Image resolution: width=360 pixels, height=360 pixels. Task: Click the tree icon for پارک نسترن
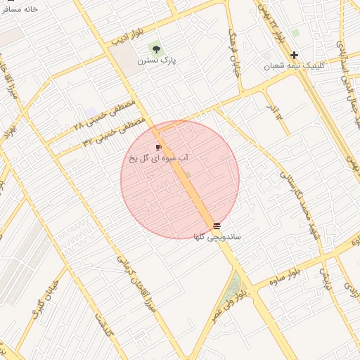tap(155, 50)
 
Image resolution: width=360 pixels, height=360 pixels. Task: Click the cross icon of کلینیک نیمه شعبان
tap(294, 55)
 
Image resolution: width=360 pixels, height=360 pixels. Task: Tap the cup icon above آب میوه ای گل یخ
tap(158, 147)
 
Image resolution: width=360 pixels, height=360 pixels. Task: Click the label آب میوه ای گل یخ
tap(158, 158)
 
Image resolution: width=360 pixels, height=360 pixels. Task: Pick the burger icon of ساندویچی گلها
tap(216, 226)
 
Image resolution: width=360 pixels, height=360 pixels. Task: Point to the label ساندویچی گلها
tap(217, 237)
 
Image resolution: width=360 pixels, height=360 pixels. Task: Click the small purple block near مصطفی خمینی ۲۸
tap(91, 112)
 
